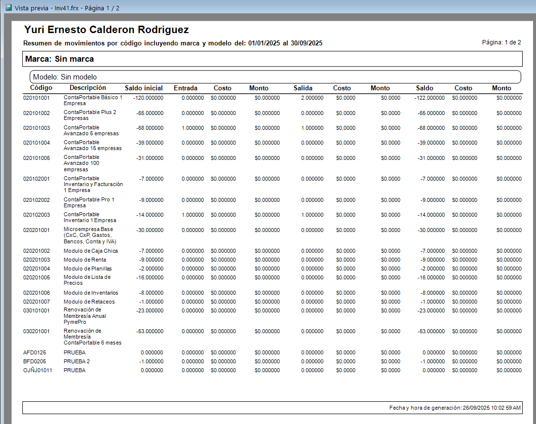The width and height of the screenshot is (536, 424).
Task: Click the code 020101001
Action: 36,98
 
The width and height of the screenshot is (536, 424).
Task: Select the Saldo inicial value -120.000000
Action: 149,98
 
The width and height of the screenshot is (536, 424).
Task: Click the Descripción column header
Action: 88,87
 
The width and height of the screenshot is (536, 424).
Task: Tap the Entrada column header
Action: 186,88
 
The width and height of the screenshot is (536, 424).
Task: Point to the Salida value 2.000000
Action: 312,98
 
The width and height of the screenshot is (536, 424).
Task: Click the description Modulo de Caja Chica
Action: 91,251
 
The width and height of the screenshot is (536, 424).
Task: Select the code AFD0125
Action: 35,352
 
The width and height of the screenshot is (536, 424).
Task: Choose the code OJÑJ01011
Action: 38,370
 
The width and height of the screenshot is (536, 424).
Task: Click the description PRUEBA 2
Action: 77,361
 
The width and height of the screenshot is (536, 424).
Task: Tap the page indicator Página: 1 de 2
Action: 501,42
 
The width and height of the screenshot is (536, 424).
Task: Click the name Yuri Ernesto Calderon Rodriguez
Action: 106,30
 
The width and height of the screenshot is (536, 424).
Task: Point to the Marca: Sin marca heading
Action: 60,59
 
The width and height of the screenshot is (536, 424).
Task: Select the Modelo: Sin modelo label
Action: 65,77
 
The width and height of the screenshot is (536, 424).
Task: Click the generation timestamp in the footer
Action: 455,408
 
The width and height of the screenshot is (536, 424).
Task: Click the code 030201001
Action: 36,331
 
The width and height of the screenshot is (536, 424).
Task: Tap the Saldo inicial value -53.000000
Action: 150,331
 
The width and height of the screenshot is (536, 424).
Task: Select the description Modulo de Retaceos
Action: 89,302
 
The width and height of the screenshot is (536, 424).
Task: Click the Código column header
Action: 41,87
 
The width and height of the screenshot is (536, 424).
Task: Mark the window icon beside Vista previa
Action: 8,7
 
